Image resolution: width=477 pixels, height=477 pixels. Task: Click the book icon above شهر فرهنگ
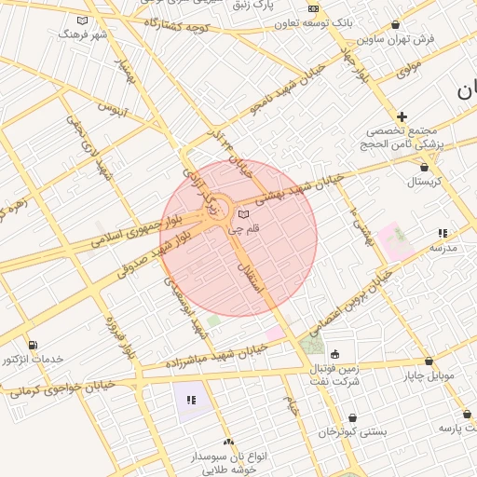[x=83, y=20]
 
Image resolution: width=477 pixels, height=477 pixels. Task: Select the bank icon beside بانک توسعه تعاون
[x=312, y=9]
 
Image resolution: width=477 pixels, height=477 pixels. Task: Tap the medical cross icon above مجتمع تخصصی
[x=402, y=116]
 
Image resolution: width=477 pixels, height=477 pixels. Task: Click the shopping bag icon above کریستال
[x=424, y=168]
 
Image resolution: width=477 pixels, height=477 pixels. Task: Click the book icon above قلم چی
[x=244, y=214]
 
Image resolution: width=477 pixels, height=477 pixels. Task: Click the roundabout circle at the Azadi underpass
[x=217, y=205]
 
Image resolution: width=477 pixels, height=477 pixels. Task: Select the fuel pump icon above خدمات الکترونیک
[x=34, y=346]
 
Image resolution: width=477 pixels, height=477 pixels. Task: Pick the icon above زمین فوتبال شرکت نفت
[x=334, y=354]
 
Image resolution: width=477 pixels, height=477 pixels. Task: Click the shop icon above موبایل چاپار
[x=429, y=361]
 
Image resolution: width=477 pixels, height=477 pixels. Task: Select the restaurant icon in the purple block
[x=191, y=400]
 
